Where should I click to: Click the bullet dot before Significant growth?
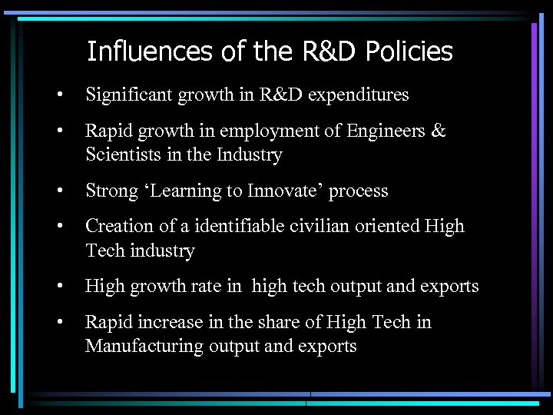pos(58,96)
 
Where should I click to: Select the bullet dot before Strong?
pos(58,191)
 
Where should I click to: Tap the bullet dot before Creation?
pos(58,227)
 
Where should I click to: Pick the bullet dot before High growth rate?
pos(58,287)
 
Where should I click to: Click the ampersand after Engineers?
pos(438,131)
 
